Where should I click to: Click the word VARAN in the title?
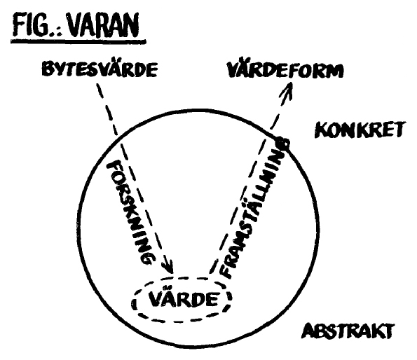pos(103,25)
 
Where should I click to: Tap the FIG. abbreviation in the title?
pos(32,25)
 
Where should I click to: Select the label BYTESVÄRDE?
pos(100,69)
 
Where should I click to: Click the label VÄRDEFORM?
pos(285,70)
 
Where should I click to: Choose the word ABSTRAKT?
pos(348,331)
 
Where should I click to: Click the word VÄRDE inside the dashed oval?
pos(183,299)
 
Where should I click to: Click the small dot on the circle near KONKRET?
pos(284,143)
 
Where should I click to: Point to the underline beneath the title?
pos(78,42)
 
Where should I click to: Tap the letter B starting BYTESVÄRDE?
pos(47,69)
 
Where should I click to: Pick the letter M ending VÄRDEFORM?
pos(336,71)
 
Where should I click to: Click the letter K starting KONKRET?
pos(320,130)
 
